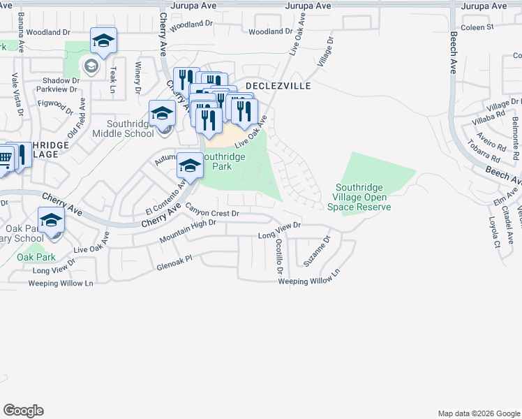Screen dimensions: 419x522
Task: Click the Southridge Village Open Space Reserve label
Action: coord(362,197)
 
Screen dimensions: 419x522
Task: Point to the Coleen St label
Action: coord(478,27)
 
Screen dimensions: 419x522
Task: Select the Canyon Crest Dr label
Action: coord(212,209)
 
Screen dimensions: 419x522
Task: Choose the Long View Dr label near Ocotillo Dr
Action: coord(278,230)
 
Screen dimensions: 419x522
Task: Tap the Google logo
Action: coord(23,411)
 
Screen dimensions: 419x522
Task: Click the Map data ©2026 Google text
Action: coord(478,413)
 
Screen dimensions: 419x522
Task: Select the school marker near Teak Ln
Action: coord(103,41)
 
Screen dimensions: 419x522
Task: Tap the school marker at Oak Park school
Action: coord(51,221)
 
